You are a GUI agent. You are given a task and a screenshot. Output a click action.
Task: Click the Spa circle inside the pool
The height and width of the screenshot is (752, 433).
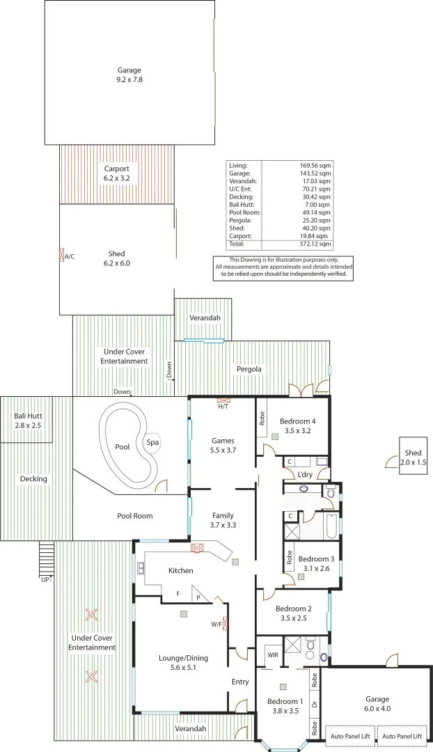152,442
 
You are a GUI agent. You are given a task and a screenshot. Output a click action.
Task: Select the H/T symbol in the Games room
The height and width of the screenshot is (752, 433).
223,402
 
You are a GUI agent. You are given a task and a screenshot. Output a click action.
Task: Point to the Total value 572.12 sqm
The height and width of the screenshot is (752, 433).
315,244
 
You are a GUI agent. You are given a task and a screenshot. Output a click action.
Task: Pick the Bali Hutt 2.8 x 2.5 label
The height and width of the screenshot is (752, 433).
28,420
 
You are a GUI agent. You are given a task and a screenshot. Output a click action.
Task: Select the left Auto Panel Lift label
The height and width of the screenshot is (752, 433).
350,736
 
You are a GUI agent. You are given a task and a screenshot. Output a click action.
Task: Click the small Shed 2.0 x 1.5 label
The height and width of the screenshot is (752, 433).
409,457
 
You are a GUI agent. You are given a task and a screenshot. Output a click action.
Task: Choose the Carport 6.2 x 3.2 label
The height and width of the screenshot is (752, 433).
116,173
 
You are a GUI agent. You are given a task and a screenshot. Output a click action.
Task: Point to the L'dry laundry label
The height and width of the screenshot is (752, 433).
305,474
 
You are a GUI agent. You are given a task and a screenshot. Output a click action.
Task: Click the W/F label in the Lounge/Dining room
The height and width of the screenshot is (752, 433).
217,624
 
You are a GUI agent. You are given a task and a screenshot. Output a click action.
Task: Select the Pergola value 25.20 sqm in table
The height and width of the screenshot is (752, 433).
315,220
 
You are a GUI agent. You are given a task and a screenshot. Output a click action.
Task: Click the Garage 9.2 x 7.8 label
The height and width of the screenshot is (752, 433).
129,75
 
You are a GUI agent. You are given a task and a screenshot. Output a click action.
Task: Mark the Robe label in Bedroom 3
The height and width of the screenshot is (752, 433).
289,557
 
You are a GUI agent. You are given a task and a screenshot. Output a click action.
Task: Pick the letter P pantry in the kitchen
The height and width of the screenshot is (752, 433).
198,597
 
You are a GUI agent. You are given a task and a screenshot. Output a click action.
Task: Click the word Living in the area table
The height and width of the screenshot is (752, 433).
238,164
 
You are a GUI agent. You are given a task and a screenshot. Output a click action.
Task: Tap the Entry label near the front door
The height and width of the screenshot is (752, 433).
239,682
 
